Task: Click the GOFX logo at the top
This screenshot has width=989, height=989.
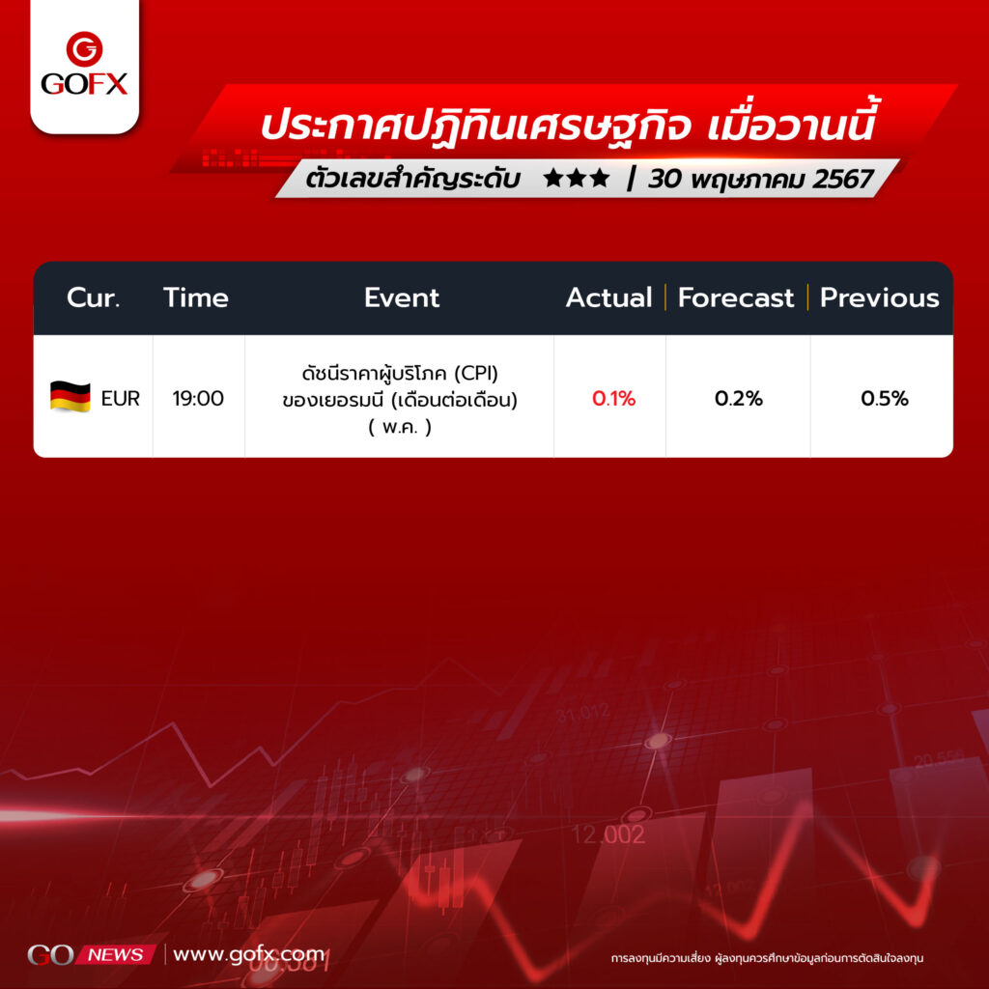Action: pos(85,64)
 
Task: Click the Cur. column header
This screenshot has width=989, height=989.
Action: pos(94,297)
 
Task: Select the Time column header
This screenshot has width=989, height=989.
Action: pos(195,297)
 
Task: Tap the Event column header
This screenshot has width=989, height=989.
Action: pos(401,297)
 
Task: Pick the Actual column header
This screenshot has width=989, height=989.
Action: pos(608,297)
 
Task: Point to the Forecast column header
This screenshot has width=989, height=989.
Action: pos(735,297)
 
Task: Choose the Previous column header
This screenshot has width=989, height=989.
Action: pos(879,297)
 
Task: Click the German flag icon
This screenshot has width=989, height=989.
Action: pos(70,397)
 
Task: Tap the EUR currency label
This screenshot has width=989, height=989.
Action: pos(121,399)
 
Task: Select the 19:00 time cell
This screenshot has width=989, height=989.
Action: pos(198,399)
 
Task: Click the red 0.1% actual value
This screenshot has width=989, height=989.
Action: pos(613,399)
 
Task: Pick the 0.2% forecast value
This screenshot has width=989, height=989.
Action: pos(739,399)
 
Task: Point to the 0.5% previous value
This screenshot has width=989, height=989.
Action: pos(885,399)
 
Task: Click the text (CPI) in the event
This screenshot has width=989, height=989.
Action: pos(476,374)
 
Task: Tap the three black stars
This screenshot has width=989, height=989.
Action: pos(577,179)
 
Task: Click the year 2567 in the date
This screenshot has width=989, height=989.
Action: pos(842,179)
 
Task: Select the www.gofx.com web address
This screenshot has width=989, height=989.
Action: pos(248,954)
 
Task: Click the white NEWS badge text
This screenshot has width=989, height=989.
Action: pos(116,955)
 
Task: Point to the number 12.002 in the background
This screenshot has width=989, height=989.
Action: pos(608,835)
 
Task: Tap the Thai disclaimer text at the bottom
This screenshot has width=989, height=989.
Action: pos(767,958)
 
